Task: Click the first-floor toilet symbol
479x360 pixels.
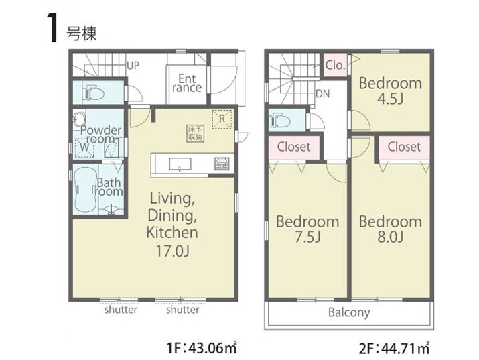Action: (93, 93)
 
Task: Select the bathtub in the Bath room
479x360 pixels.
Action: (85, 190)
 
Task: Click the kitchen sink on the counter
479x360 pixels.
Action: (180, 164)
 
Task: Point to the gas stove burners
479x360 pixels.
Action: (222, 164)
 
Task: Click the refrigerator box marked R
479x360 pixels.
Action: (222, 119)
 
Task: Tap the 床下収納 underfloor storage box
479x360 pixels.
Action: (196, 133)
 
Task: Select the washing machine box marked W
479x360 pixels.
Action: (84, 148)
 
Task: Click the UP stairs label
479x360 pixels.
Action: (133, 66)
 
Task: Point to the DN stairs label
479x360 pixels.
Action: (323, 93)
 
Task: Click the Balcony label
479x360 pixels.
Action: (349, 312)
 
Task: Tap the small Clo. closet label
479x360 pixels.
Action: (335, 65)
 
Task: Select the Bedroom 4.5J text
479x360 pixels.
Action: (391, 91)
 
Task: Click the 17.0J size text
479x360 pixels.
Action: (173, 251)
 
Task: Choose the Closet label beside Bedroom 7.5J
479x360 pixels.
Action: (294, 147)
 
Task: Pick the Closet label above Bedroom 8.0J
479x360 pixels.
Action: (404, 147)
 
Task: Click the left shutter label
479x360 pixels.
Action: (121, 310)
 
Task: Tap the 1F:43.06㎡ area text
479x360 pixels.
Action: (202, 348)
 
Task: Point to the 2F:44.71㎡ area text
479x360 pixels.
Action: (394, 348)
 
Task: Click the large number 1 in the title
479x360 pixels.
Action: (52, 27)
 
